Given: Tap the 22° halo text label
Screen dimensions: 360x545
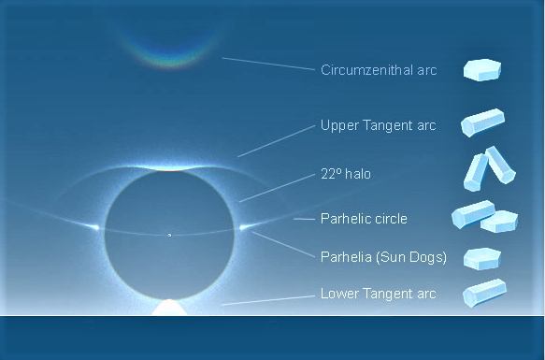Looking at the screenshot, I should (x=347, y=174).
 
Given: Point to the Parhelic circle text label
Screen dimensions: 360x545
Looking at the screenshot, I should (x=364, y=219).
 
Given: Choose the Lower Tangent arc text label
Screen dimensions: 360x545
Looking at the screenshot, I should (x=378, y=294).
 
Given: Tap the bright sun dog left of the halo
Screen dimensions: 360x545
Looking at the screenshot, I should (x=95, y=227).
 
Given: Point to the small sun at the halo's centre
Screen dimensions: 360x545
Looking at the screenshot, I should (x=169, y=235).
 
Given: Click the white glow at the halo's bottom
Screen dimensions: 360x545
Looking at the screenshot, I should (x=169, y=307).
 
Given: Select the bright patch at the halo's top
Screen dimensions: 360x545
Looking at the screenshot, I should (x=169, y=167).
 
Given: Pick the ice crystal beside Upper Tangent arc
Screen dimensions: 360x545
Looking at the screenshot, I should (x=483, y=123).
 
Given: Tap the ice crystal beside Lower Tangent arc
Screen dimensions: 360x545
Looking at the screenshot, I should (x=484, y=293).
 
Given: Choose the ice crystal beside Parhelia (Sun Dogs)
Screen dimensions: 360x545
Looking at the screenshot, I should (x=483, y=258).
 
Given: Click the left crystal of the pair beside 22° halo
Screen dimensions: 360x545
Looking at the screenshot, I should (x=477, y=170).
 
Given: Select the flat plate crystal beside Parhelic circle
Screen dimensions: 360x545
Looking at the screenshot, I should (x=499, y=223).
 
